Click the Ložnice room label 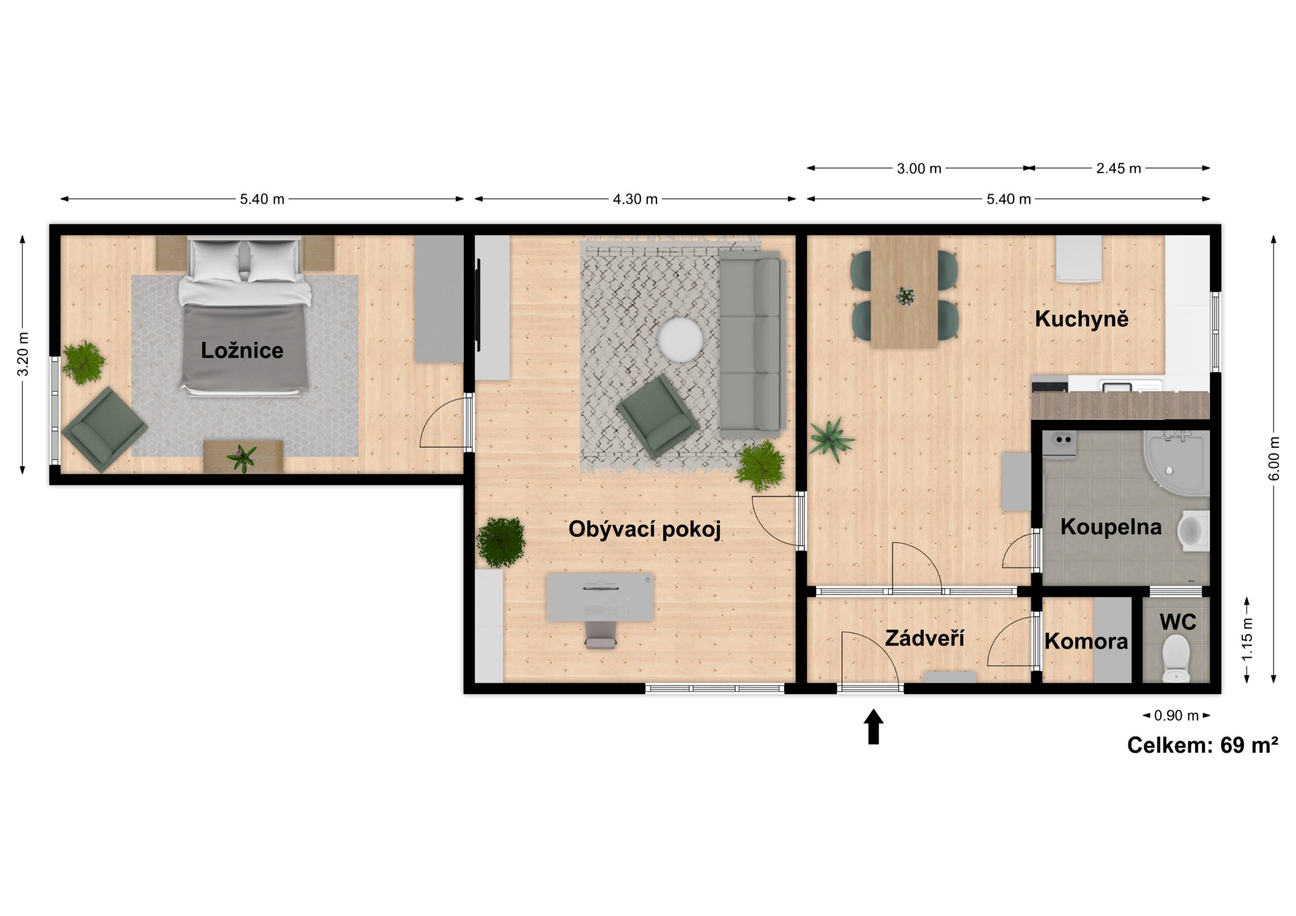[242, 351]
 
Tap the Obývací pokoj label [644, 529]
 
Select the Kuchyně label [1081, 319]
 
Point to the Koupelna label [1111, 526]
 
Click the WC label [1178, 622]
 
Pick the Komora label [1086, 641]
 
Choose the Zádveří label [924, 638]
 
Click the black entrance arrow [874, 727]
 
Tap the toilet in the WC [1177, 658]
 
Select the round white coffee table [680, 340]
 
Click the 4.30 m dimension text [635, 199]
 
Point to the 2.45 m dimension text [1119, 168]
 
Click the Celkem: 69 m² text [1203, 745]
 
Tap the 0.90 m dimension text [1177, 716]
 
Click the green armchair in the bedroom [105, 430]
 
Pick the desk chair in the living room [600, 635]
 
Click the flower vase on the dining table [905, 296]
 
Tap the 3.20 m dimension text [23, 354]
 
